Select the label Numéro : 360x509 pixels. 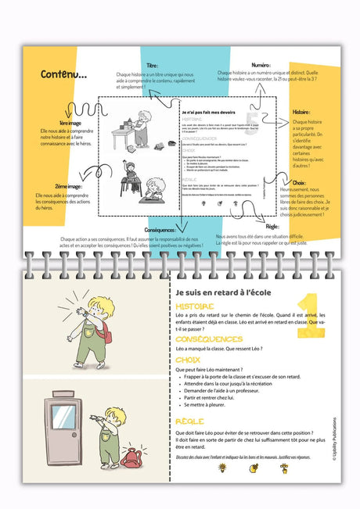pyautogui.click(x=261, y=66)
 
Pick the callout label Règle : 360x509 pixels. pyautogui.click(x=276, y=227)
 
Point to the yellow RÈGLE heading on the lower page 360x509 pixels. pyautogui.click(x=190, y=421)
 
